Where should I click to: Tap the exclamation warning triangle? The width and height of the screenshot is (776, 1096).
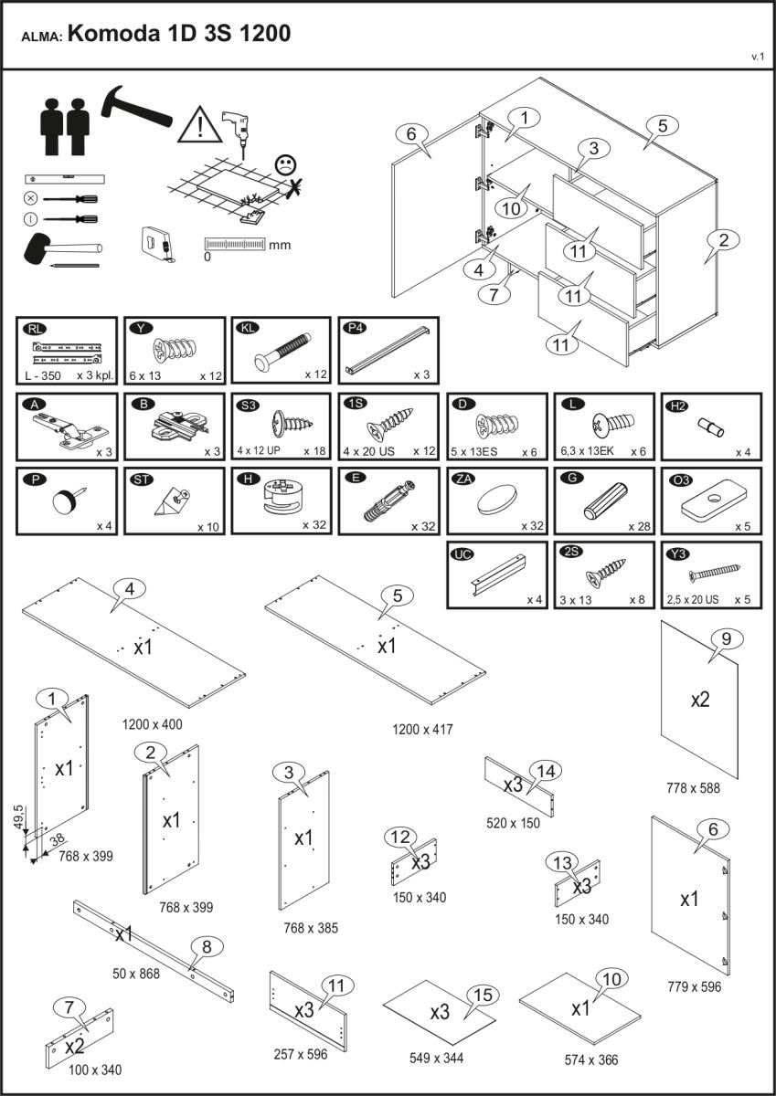[x=200, y=125]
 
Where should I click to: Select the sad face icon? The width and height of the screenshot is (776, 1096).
[x=285, y=164]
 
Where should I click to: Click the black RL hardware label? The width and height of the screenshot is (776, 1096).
[x=36, y=329]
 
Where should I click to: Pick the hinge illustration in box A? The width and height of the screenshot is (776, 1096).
[x=70, y=429]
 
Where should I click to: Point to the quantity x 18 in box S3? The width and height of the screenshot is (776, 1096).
[x=314, y=450]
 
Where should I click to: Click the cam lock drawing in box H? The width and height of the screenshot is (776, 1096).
[x=281, y=496]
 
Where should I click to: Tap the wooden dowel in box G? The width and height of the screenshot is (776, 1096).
[x=606, y=501]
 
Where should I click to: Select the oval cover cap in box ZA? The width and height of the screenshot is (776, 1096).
[x=497, y=499]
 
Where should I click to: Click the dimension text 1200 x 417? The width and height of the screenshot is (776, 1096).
[x=422, y=729]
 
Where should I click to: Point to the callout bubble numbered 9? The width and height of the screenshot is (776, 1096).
[x=726, y=638]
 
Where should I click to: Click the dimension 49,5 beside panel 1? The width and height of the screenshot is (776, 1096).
[x=18, y=817]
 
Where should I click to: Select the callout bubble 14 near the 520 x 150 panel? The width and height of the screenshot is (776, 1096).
[x=546, y=772]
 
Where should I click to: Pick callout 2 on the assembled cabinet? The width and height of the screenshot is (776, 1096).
[x=723, y=239]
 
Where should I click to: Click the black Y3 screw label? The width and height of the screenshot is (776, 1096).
[x=678, y=553]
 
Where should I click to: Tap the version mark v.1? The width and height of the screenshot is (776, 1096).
[x=758, y=57]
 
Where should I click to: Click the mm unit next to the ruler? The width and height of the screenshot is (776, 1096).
[x=280, y=245]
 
